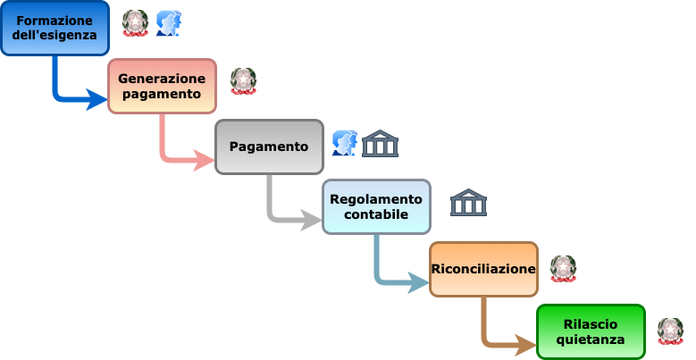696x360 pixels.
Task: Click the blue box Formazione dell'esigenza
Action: [x=55, y=28]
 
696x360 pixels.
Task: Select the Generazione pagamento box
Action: [x=162, y=86]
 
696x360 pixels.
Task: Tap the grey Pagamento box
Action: [x=269, y=147]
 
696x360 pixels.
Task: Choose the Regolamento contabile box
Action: [x=376, y=206]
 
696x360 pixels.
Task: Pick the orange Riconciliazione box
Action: [x=483, y=268]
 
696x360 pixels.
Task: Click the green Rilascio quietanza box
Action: [x=591, y=331]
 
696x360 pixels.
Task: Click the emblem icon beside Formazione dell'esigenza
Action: [x=135, y=22]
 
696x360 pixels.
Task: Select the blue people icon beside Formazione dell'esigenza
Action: [x=168, y=23]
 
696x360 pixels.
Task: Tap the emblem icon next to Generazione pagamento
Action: [x=243, y=80]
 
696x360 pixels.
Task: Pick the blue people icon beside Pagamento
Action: [x=344, y=143]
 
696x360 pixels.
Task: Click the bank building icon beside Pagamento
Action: [x=380, y=144]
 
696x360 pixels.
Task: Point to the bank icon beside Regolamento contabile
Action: [x=468, y=204]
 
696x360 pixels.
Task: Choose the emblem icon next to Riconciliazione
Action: [x=563, y=268]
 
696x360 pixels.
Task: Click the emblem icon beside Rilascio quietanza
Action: [x=670, y=331]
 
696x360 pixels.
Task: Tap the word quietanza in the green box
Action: [x=591, y=339]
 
